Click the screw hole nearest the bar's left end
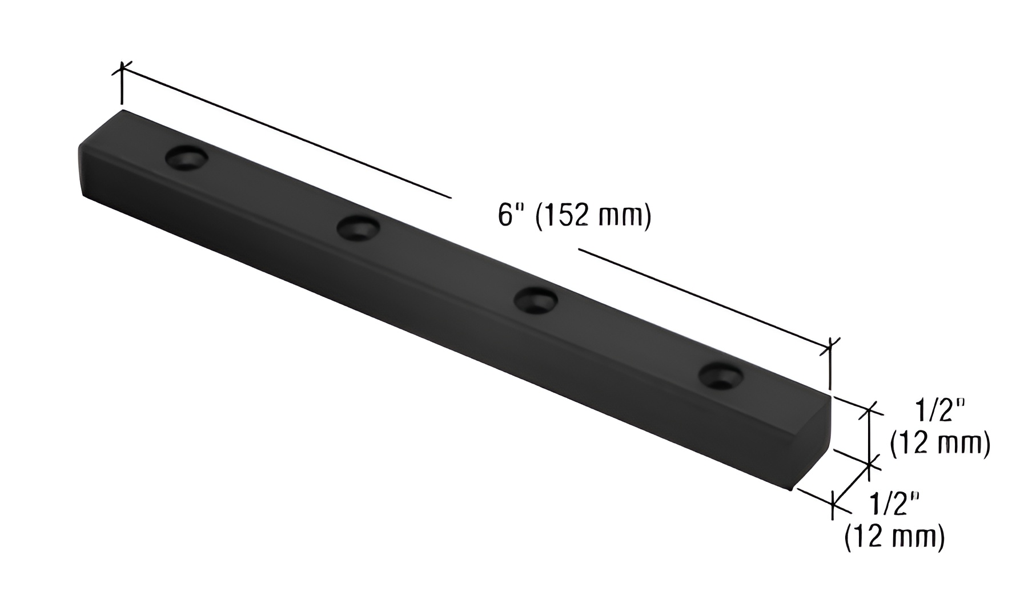tap(187, 158)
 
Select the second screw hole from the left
tap(358, 228)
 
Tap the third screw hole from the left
tap(535, 300)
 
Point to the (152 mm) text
tap(594, 216)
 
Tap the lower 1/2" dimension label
tap(894, 504)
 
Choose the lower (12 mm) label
tap(894, 537)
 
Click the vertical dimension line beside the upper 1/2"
tap(870, 437)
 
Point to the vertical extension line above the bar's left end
tap(122, 88)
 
